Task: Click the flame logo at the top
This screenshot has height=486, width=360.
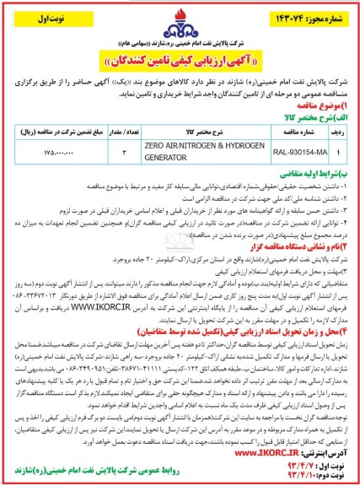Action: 180,18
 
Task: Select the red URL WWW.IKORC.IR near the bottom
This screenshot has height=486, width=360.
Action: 284,452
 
